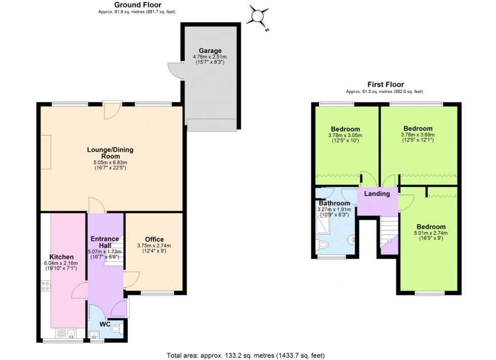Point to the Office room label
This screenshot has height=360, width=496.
(154, 239)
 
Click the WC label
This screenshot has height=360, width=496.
(105, 324)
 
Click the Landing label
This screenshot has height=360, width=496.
(378, 194)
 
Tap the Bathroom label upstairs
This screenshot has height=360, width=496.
(334, 203)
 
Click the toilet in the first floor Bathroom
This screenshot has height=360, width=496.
(324, 245)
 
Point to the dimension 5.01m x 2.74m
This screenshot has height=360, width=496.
(431, 233)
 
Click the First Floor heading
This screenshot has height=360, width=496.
(385, 85)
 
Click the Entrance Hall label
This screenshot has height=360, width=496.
(105, 242)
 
